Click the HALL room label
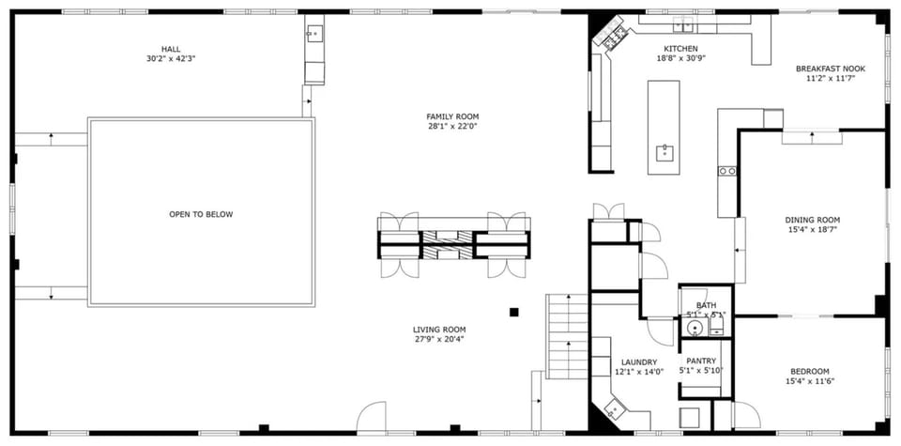tap(170, 49)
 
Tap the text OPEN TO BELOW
tap(201, 215)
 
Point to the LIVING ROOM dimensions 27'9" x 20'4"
tap(439, 340)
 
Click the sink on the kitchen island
tap(664, 153)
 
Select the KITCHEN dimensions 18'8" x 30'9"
tap(680, 59)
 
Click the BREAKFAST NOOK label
tap(830, 69)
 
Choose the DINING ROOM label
tap(812, 220)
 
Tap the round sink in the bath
tap(694, 329)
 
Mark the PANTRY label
tap(701, 361)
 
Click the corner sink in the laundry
tap(617, 409)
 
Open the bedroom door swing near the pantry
tap(746, 415)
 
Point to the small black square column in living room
tap(513, 312)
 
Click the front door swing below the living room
tap(373, 417)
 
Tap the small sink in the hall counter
tap(313, 37)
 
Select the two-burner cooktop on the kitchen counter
tap(726, 171)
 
